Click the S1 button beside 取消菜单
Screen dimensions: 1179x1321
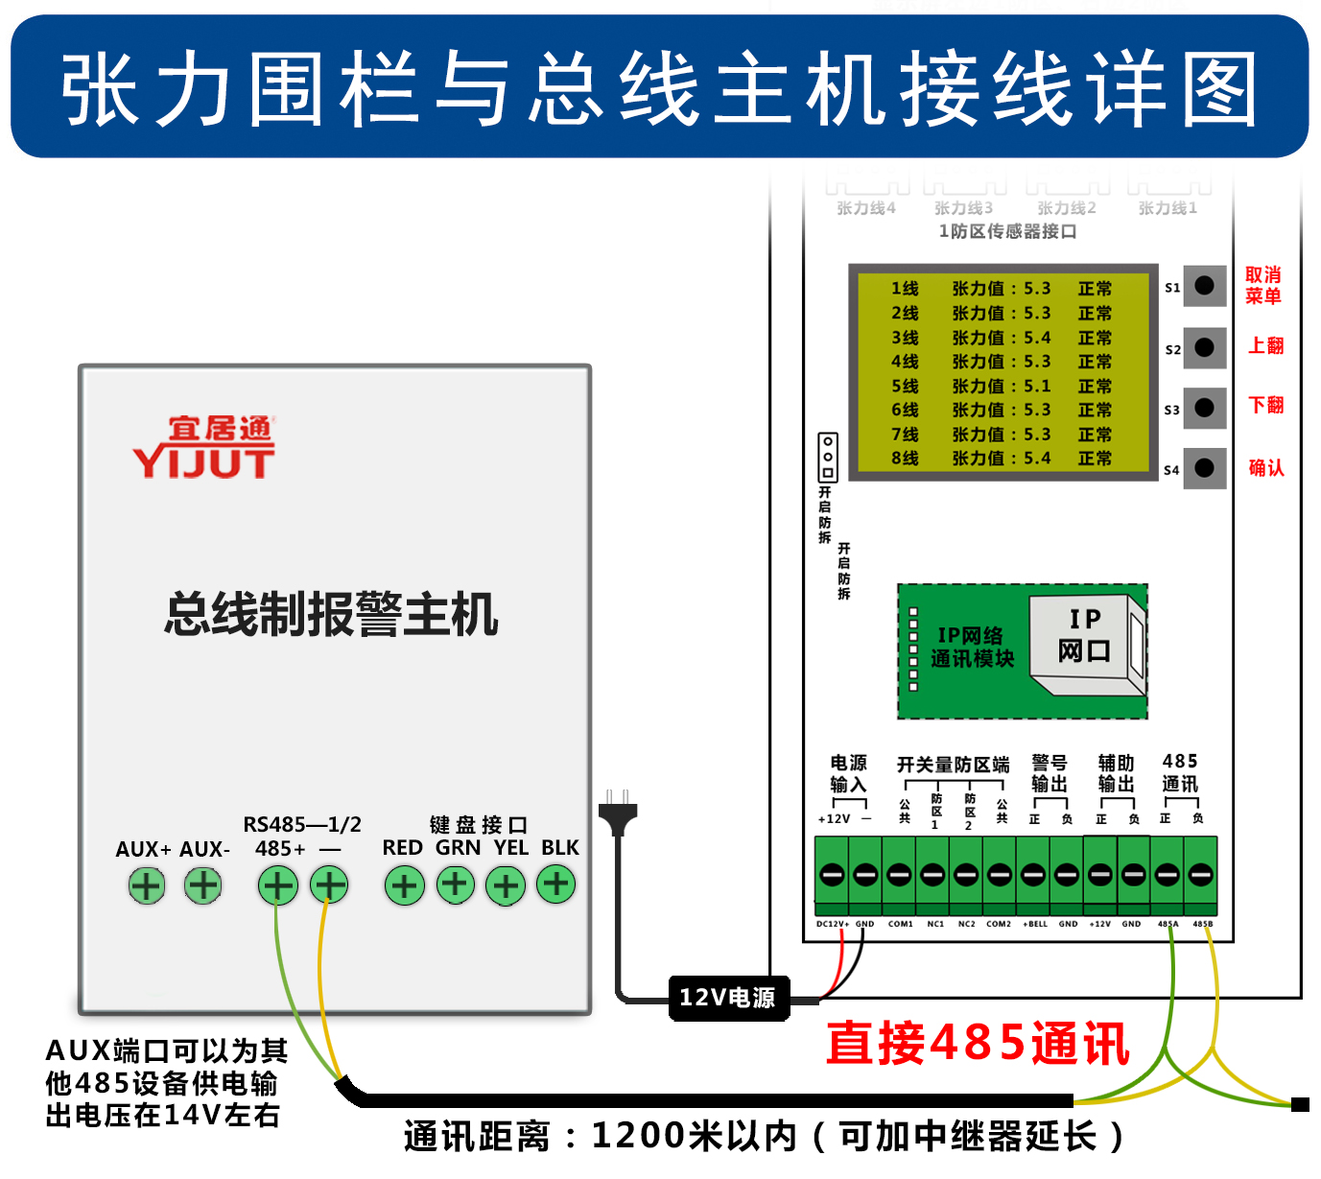1205,286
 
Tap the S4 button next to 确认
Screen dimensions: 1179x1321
1205,468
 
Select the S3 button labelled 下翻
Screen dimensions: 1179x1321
1205,408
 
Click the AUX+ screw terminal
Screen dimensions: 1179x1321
147,885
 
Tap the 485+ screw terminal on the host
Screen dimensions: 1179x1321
278,885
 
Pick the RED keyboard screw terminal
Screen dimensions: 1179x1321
404,885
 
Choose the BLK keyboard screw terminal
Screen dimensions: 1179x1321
556,884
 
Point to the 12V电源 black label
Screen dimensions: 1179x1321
728,999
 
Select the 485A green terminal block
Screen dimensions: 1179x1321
1168,875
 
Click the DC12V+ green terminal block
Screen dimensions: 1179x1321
832,875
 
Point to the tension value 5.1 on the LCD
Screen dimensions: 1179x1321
1037,387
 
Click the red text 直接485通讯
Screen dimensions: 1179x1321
978,1044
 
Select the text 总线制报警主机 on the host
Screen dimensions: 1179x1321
331,614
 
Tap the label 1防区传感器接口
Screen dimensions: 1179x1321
1007,232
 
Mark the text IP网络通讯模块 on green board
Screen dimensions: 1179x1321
972,648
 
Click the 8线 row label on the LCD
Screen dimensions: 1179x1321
905,460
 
